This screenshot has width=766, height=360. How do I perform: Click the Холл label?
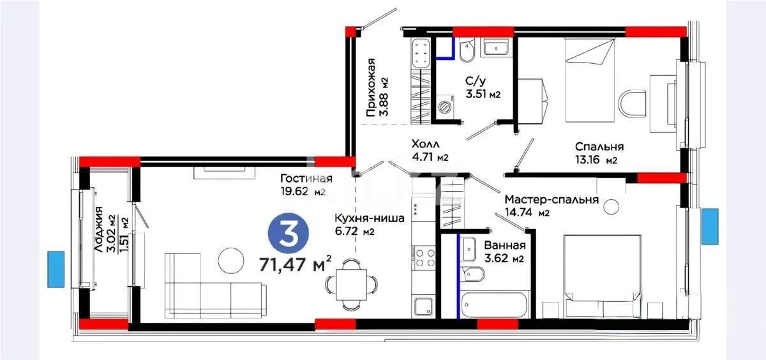pos(425,145)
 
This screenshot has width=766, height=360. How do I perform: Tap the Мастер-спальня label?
pos(551,199)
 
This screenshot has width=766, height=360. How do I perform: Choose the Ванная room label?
pos(504,246)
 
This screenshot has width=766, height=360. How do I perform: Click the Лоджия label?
pos(100,230)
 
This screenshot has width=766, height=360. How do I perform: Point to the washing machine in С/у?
pos(445,107)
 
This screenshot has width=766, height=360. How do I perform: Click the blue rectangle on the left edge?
pos(56,269)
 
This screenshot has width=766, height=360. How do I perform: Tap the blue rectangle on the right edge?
pos(710,226)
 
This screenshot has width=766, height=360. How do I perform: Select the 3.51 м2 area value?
pos(483,94)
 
